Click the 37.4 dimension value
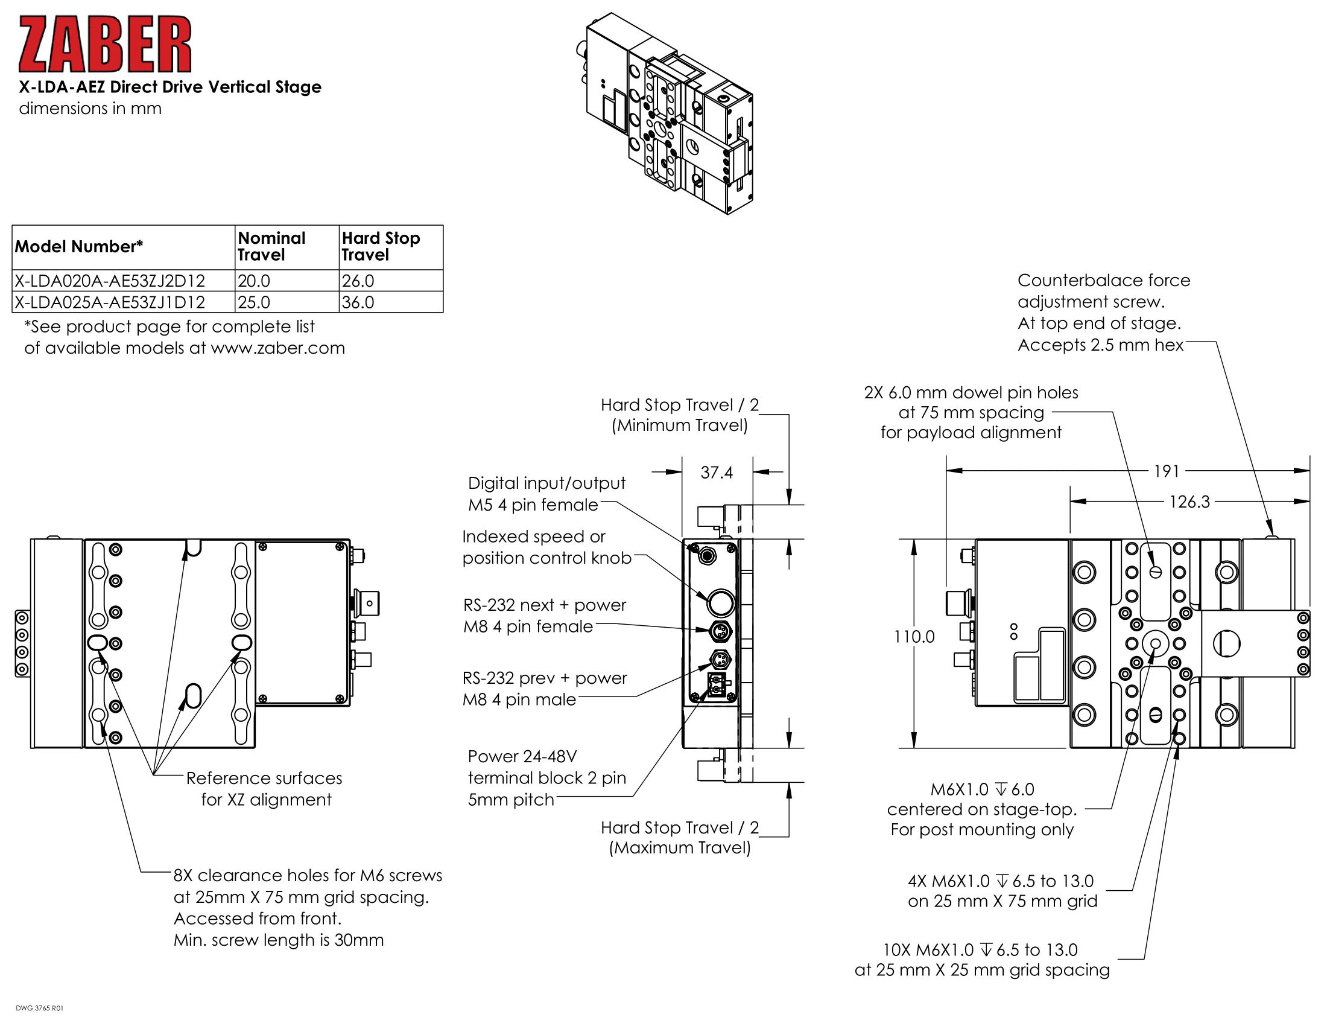click(717, 473)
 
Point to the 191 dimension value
click(1166, 471)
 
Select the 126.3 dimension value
click(1189, 502)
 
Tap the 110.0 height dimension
click(914, 636)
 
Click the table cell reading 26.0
click(358, 281)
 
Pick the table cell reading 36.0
click(358, 302)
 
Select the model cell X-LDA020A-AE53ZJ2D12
click(110, 281)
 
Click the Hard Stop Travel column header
click(381, 246)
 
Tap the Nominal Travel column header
click(271, 246)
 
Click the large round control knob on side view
click(721, 603)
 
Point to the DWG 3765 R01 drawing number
click(39, 1008)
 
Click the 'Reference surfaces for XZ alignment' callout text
click(265, 788)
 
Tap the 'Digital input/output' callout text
click(546, 483)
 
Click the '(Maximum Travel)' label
click(679, 847)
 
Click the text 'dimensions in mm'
click(90, 108)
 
